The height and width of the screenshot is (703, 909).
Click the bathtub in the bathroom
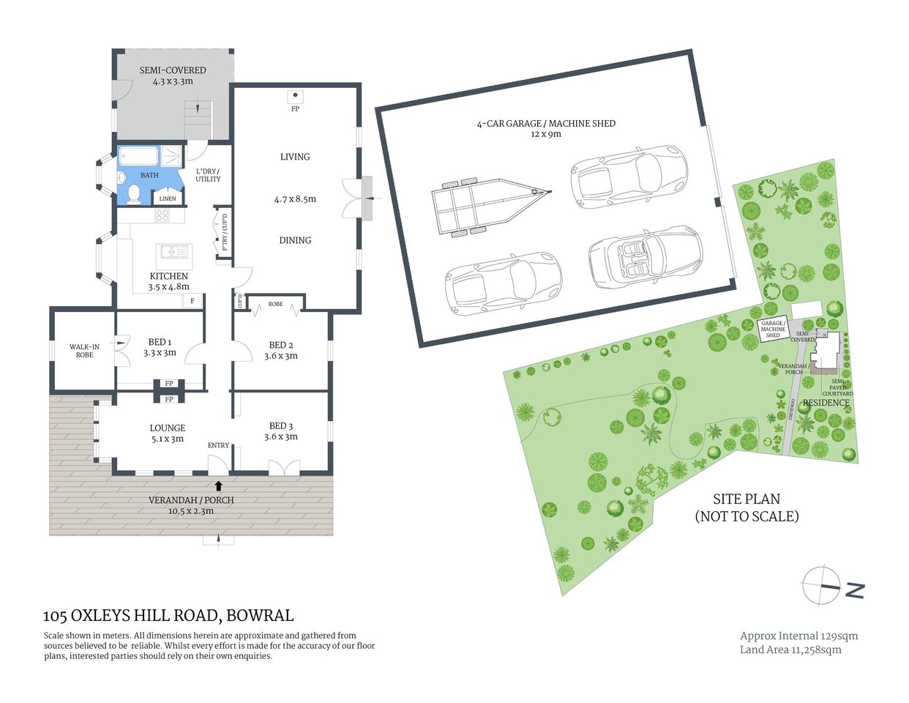(x=139, y=156)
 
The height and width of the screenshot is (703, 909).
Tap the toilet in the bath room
(x=133, y=193)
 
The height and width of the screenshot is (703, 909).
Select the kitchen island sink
(x=174, y=253)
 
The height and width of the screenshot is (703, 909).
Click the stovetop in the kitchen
(x=162, y=215)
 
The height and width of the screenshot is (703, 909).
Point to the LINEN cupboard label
(x=168, y=198)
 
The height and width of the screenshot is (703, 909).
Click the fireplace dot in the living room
(x=295, y=95)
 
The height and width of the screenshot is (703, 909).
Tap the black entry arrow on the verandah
(x=217, y=484)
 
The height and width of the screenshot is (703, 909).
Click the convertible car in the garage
(x=645, y=257)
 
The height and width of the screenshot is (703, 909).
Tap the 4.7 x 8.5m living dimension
(x=295, y=198)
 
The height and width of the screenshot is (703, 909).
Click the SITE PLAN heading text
(x=747, y=499)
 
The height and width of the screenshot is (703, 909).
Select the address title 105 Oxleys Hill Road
(x=168, y=616)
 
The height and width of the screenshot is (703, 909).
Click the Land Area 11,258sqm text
(x=790, y=650)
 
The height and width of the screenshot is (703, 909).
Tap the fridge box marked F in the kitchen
(x=192, y=300)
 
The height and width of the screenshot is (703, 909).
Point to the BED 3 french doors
(x=284, y=466)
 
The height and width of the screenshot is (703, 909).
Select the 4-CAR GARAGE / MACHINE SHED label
(x=546, y=124)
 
